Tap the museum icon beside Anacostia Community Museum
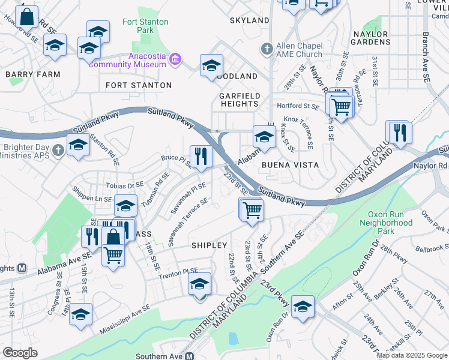click(175, 59)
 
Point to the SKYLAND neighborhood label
click(249, 20)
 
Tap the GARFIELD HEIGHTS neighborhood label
click(239, 100)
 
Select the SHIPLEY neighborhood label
click(209, 245)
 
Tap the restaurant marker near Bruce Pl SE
click(201, 157)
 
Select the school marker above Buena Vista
click(264, 136)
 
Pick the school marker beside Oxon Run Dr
click(303, 306)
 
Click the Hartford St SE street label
click(297, 106)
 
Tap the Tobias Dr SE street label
click(125, 185)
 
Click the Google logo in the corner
click(20, 352)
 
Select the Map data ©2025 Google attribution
click(411, 355)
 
